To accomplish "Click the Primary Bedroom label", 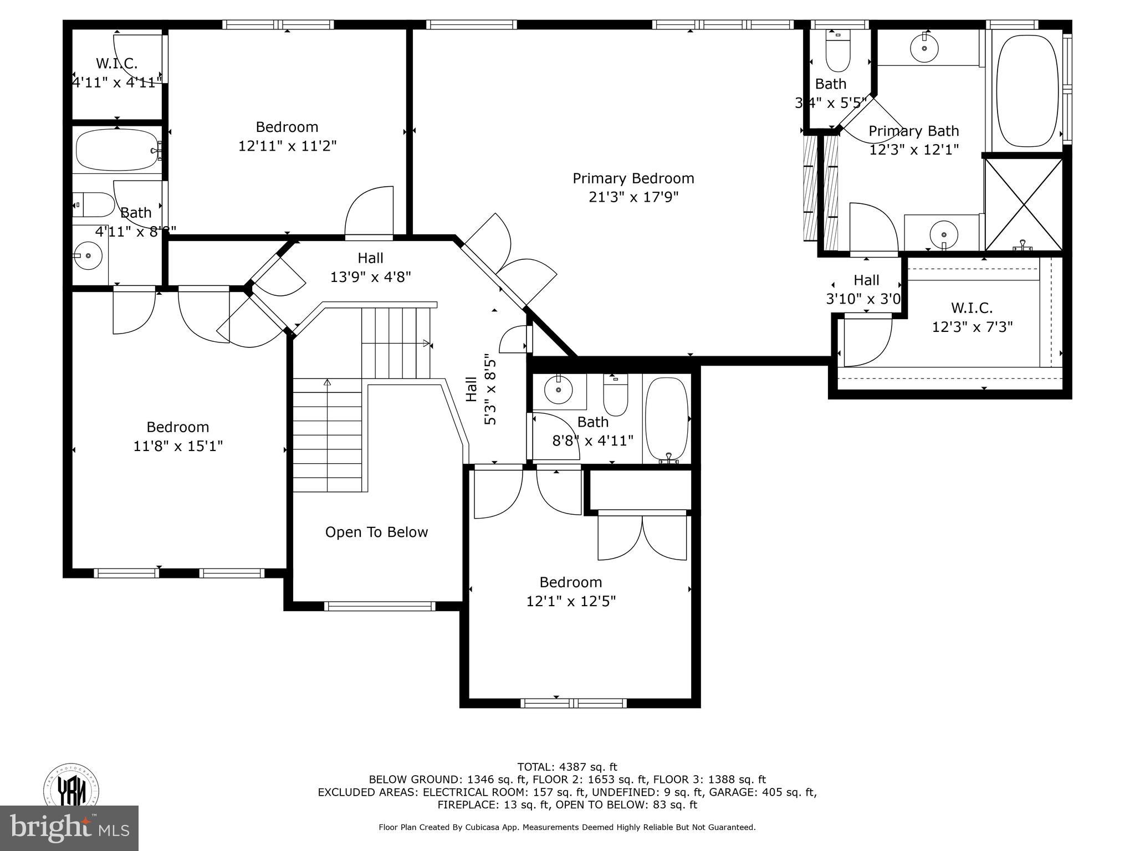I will click(x=633, y=178).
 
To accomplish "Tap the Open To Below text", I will click(x=376, y=532).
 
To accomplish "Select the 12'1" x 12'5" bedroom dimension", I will click(x=571, y=601).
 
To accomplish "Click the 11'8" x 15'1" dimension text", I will click(x=178, y=446).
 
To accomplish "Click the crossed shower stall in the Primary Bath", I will click(x=1024, y=204).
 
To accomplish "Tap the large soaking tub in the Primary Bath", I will click(x=1026, y=89).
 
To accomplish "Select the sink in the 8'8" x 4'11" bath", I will click(x=559, y=390).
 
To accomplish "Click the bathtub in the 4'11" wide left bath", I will click(x=117, y=150).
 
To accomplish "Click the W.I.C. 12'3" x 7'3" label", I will click(x=972, y=317).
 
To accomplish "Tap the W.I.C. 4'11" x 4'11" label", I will click(x=117, y=73).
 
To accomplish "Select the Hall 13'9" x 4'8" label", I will click(x=370, y=267).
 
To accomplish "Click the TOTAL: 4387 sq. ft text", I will click(x=567, y=767).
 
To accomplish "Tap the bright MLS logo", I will click(x=69, y=828).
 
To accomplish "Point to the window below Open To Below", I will click(x=380, y=606).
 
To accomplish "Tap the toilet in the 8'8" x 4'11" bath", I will click(x=615, y=396).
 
